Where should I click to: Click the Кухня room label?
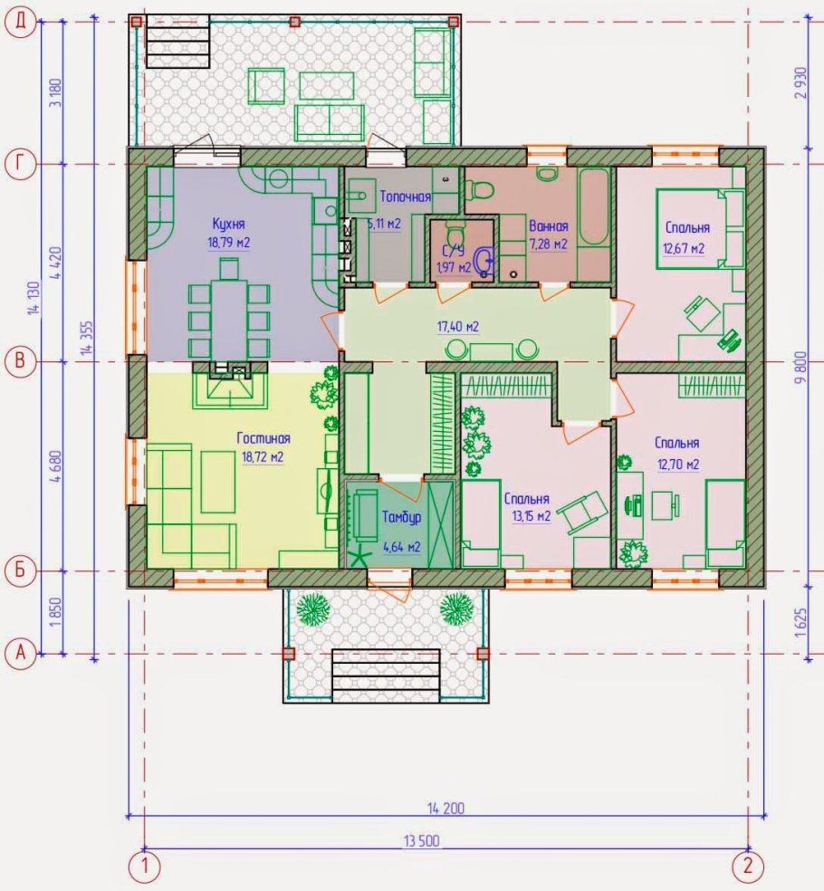coord(228,223)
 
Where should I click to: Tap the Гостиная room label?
coord(263,438)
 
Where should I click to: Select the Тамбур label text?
coord(401,517)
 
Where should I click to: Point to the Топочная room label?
coord(405,196)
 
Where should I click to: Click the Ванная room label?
coord(549,226)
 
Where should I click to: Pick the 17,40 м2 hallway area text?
coord(457,327)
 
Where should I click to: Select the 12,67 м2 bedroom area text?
coord(684,248)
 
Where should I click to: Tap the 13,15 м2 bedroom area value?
coord(532,516)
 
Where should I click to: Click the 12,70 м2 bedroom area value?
coord(678,465)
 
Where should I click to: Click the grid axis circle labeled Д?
coord(21,22)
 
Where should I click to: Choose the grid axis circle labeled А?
coord(21,653)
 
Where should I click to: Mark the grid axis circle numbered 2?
coord(747,866)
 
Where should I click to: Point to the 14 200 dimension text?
coord(446,808)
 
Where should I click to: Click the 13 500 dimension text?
coord(422,840)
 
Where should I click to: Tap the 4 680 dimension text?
coord(56,466)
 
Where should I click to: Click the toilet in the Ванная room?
coord(478,188)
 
